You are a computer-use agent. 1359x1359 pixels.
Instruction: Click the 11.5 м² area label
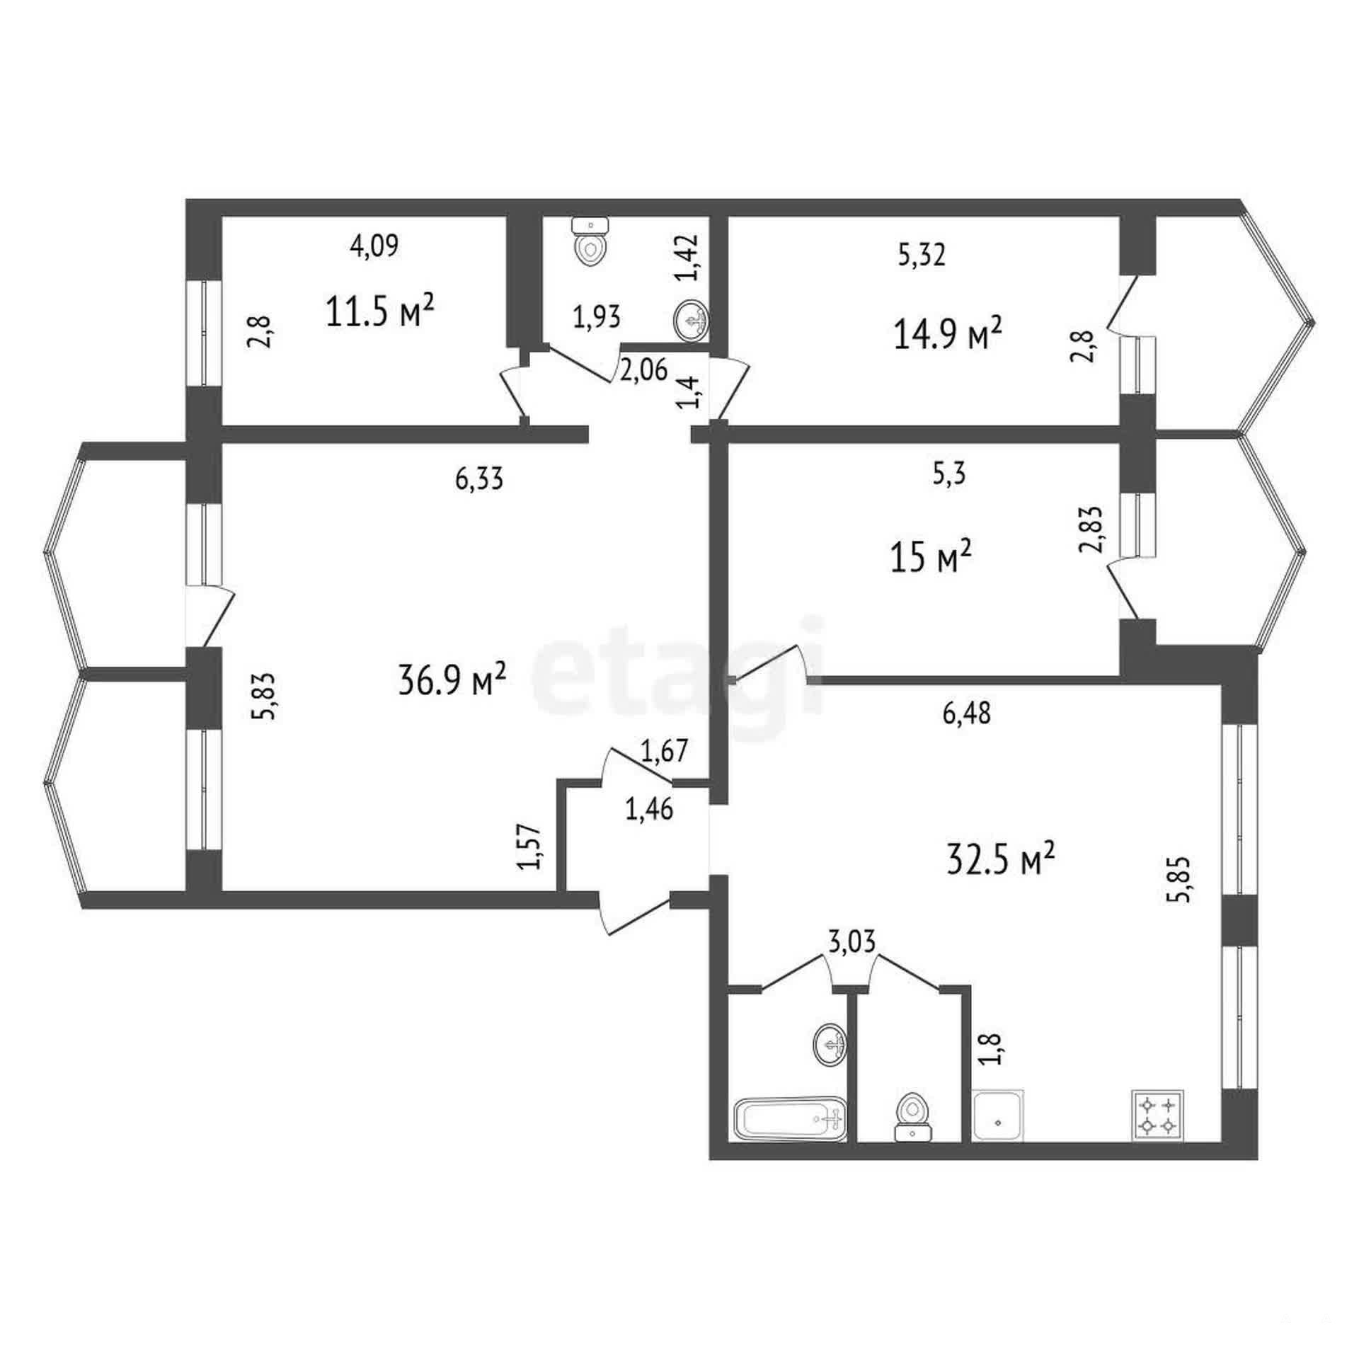point(379,311)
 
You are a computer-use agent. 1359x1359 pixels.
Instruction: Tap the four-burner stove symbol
point(1157,1115)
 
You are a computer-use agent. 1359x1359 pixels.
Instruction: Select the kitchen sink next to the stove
point(998,1116)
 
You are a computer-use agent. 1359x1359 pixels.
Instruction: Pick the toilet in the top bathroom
point(590,241)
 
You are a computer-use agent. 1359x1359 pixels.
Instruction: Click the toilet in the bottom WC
point(912,1118)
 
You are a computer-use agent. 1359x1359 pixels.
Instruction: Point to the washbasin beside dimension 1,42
point(691,319)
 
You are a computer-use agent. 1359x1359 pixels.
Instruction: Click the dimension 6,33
point(479,479)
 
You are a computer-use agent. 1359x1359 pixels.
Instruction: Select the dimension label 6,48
point(967,713)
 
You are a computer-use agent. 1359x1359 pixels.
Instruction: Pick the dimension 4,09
point(374,245)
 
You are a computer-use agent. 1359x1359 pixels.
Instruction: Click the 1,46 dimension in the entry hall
point(649,809)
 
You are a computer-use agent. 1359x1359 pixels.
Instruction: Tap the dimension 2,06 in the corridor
point(643,370)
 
